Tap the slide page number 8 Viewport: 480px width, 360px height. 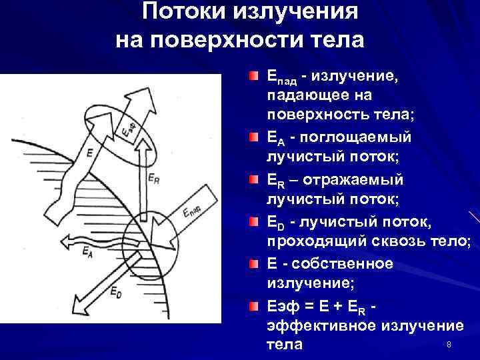point(449,344)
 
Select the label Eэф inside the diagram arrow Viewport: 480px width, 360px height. point(128,127)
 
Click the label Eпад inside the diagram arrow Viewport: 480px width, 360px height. point(193,213)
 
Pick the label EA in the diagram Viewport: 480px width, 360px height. point(87,252)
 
